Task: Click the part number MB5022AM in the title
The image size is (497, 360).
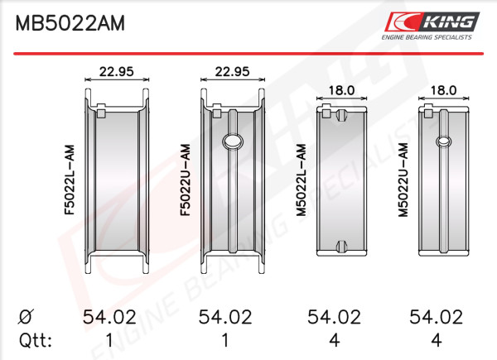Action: pyautogui.click(x=70, y=23)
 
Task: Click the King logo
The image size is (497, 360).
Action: pyautogui.click(x=432, y=22)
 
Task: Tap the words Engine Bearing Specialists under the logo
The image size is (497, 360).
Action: pyautogui.click(x=427, y=37)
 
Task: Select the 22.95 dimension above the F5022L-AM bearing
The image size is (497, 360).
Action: pyautogui.click(x=117, y=71)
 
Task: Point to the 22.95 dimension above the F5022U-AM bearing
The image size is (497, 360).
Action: pyautogui.click(x=232, y=71)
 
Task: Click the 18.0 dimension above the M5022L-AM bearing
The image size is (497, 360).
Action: pyautogui.click(x=341, y=90)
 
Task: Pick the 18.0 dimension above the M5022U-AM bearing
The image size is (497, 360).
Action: pyautogui.click(x=443, y=90)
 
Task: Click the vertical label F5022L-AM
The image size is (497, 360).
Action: pyautogui.click(x=70, y=180)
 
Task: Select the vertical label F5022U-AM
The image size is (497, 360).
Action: pyautogui.click(x=186, y=180)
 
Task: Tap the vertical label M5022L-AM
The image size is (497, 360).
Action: pyautogui.click(x=302, y=180)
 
